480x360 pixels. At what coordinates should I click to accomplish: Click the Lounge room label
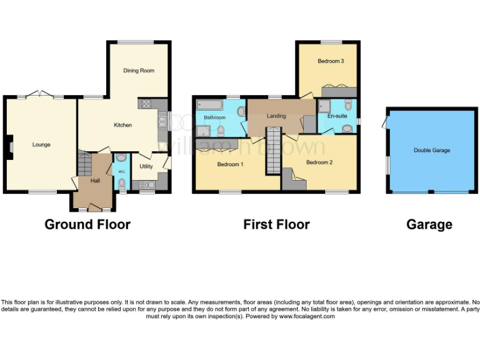pyautogui.click(x=41, y=144)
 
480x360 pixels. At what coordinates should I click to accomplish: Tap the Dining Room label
pyautogui.click(x=137, y=71)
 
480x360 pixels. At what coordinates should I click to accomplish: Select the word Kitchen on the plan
pyautogui.click(x=122, y=125)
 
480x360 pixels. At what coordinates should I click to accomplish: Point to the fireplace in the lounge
pyautogui.click(x=9, y=147)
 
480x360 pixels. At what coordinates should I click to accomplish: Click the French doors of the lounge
pyautogui.click(x=40, y=95)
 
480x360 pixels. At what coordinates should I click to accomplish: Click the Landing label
pyautogui.click(x=276, y=116)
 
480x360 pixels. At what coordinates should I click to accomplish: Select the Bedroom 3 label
pyautogui.click(x=330, y=61)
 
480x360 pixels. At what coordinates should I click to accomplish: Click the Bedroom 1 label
pyautogui.click(x=230, y=165)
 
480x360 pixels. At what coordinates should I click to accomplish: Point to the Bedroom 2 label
pyautogui.click(x=319, y=162)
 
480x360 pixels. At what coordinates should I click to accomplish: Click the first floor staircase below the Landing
pyautogui.click(x=273, y=151)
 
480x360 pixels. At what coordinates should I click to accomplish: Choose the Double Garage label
pyautogui.click(x=431, y=150)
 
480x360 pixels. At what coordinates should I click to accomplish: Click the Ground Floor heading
pyautogui.click(x=87, y=224)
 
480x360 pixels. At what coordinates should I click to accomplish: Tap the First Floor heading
pyautogui.click(x=276, y=224)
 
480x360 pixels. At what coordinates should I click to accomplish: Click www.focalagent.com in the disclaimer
pyautogui.click(x=306, y=316)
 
